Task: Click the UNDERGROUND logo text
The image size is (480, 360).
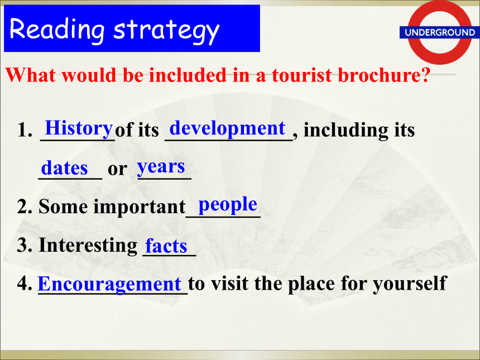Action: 440,32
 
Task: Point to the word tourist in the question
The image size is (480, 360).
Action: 301,75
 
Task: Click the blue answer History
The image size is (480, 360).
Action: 79,128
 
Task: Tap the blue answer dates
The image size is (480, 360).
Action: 64,168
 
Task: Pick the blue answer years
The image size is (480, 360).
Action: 161,167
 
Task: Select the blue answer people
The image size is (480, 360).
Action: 228,204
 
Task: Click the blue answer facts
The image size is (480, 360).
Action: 166,246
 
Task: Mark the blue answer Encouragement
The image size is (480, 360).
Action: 109,285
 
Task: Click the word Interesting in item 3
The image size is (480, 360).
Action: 88,245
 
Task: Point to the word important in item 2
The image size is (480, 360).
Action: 140,207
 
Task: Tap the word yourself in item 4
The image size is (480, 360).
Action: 410,284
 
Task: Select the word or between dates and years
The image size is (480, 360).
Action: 117,169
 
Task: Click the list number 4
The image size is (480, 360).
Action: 25,284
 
